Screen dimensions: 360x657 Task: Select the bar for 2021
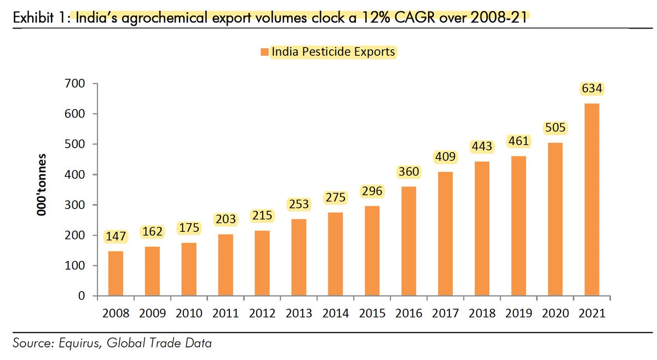591,200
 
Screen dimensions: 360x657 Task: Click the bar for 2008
116,274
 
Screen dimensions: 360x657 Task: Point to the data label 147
116,237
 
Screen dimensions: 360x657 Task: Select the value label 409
445,158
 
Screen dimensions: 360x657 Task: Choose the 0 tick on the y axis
80,296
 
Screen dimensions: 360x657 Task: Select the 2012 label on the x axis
262,313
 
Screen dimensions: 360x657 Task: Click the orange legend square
264,52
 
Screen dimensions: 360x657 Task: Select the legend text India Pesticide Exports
333,52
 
